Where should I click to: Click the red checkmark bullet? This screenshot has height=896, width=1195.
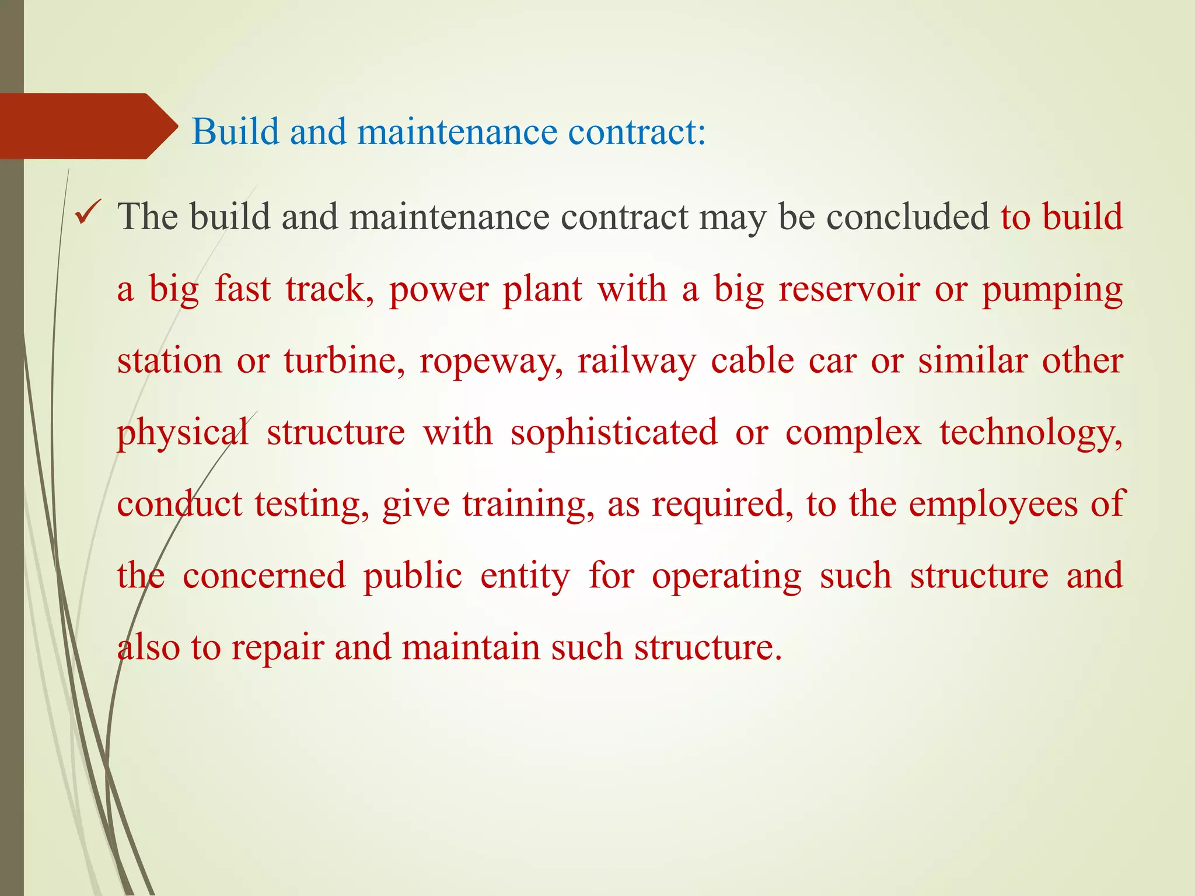point(89,213)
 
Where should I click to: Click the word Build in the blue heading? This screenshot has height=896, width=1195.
point(235,131)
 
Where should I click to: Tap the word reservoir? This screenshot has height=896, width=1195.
point(849,289)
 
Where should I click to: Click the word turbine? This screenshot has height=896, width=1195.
point(344,360)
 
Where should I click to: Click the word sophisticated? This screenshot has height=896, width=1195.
point(614,433)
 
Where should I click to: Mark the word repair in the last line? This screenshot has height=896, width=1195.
point(277,648)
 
